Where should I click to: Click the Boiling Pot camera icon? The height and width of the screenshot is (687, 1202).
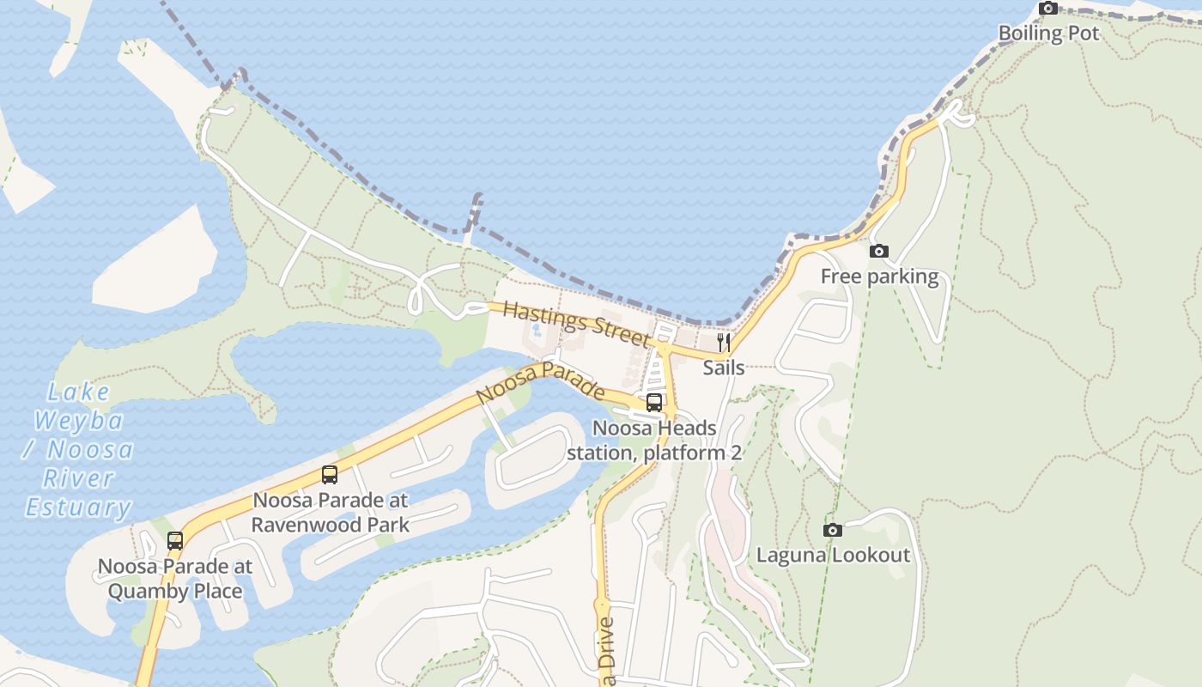pos(1047,9)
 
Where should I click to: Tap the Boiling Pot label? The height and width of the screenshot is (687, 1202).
pos(1048,33)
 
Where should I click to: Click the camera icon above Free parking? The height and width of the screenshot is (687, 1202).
pos(878,252)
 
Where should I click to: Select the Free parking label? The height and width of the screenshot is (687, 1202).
pos(879,277)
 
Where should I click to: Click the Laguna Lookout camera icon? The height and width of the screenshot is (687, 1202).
pos(832,530)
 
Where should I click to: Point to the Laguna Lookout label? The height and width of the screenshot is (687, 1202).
pos(832,555)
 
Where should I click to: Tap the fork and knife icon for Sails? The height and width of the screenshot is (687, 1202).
pos(723,343)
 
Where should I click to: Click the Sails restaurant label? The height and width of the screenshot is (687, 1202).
pos(723,368)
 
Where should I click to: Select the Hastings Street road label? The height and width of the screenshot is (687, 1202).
pos(577,323)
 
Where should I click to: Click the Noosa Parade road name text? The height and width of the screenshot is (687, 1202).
pos(540,383)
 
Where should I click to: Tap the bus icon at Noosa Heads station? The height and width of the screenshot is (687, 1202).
pos(653,402)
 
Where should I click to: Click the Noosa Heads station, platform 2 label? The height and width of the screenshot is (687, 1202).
pos(653,440)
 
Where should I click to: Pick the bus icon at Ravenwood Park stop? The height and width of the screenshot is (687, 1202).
pos(329,474)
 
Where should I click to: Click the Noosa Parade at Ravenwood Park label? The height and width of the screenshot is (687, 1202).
pos(331,512)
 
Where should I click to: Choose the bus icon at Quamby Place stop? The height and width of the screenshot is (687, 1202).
pos(174,541)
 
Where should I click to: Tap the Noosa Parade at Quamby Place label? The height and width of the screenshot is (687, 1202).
pos(175,579)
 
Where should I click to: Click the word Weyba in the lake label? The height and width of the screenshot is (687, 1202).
pos(78,422)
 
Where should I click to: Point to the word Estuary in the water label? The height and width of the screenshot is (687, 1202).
pos(78,508)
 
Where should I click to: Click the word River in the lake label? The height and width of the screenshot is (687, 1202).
pos(78,478)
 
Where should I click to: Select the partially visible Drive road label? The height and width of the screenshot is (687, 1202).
pos(607,653)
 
